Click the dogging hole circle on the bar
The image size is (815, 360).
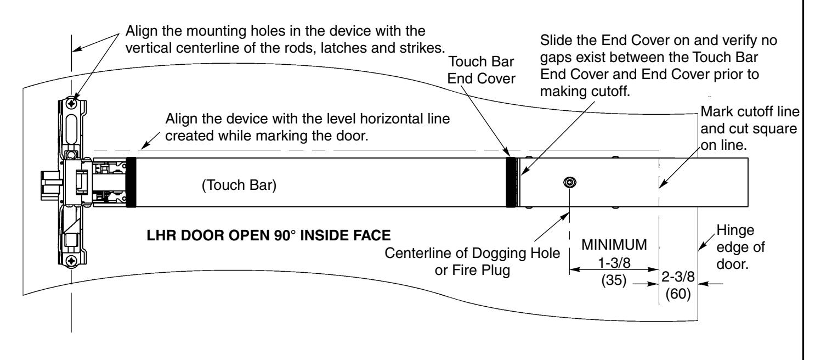pos(569,182)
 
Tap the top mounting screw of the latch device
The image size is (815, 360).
pos(72,104)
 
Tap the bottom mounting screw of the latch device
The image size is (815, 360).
pos(72,261)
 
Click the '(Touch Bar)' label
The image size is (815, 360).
pos(239,185)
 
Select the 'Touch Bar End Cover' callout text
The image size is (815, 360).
pos(481,70)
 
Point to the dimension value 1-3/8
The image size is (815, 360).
pos(614,262)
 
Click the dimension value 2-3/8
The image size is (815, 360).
pos(678,277)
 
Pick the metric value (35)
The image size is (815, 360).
pos(614,280)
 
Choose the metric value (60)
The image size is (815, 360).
pos(678,294)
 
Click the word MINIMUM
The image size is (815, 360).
pos(614,245)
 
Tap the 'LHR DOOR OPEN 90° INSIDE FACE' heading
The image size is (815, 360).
pos(269,235)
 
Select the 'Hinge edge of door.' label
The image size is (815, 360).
pos(740,247)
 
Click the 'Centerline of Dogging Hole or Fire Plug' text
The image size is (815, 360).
pos(472,261)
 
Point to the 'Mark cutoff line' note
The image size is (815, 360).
pos(750,111)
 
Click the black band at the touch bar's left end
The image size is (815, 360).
pos(131,182)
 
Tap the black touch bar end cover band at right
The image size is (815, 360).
pos(511,182)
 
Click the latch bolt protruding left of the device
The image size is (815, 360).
pos(50,185)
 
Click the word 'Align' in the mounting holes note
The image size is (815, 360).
pos(142,31)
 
